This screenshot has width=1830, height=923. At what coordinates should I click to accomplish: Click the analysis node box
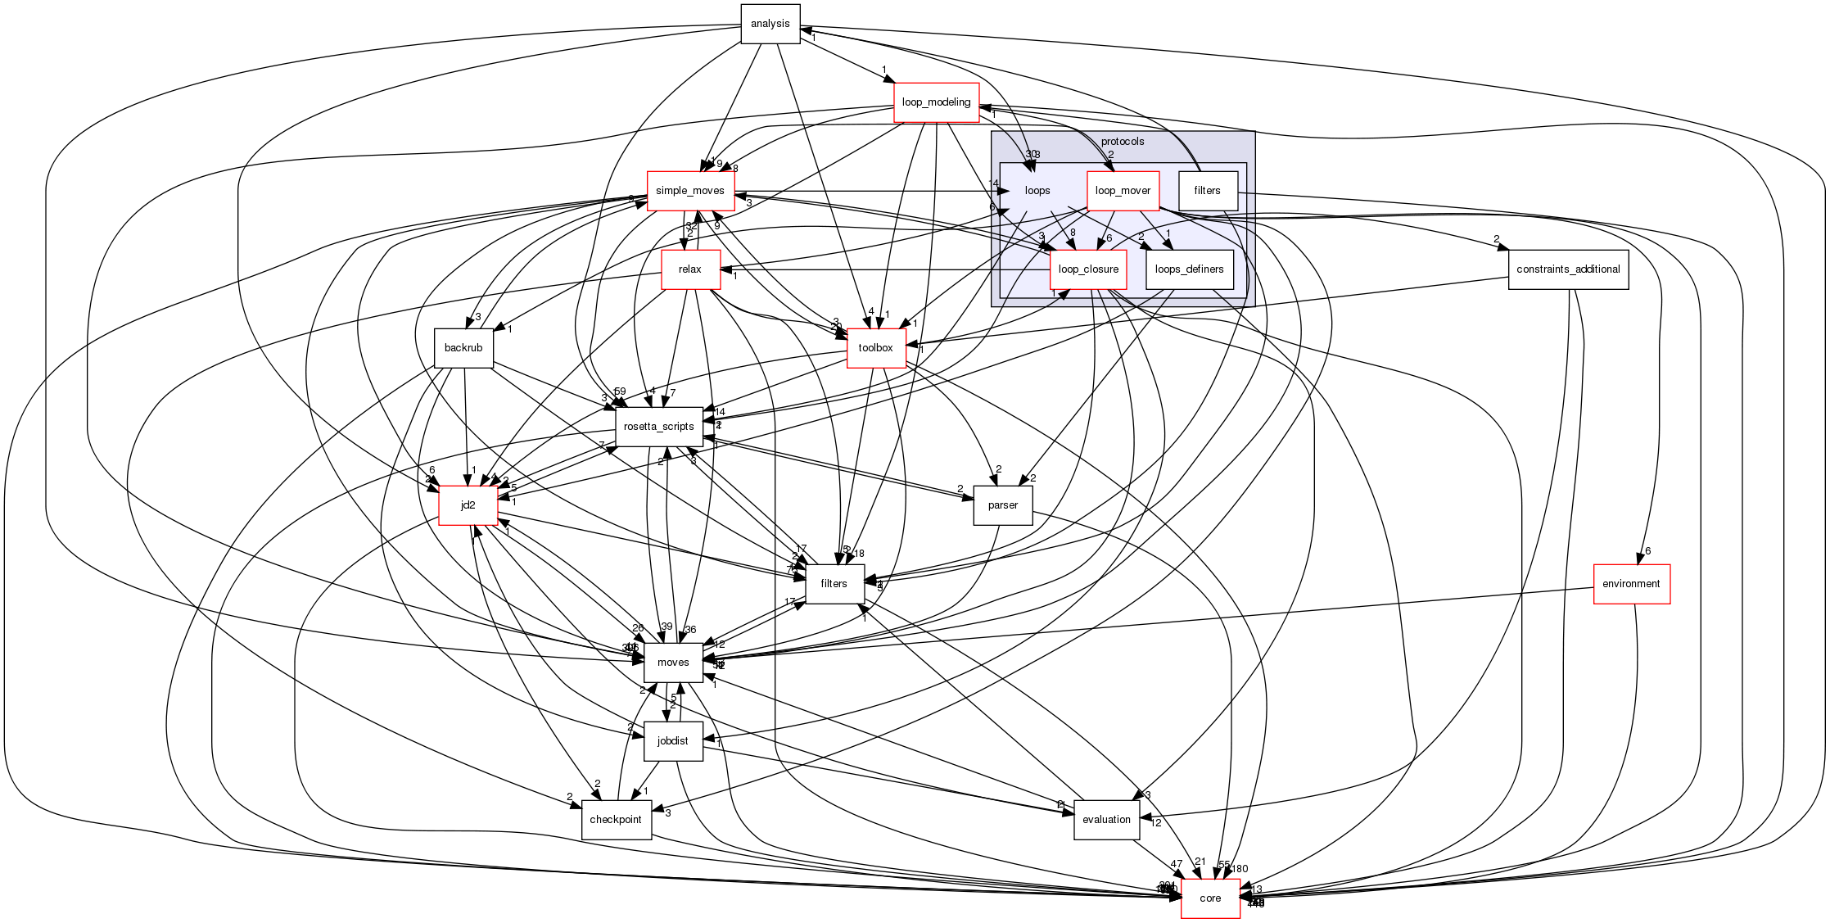tap(770, 24)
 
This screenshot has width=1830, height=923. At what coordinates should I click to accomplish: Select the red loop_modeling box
tap(936, 102)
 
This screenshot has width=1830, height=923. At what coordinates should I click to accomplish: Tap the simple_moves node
tap(690, 191)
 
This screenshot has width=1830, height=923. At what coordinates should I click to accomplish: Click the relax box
tap(690, 269)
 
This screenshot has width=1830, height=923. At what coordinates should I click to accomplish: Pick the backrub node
tap(463, 348)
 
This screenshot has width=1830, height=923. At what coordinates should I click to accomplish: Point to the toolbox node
tap(875, 348)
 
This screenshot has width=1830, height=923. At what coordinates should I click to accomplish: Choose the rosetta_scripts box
tap(659, 427)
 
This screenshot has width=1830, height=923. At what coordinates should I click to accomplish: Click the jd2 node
tap(468, 505)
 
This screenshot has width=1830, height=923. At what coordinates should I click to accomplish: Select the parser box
tap(1002, 505)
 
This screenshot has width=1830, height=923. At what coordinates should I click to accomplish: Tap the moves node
tap(673, 663)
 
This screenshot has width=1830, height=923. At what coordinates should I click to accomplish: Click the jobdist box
tap(673, 741)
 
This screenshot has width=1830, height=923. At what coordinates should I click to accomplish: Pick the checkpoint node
tap(616, 820)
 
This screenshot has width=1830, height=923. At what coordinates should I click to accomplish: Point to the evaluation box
tap(1106, 820)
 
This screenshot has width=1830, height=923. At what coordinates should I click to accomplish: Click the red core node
tap(1210, 898)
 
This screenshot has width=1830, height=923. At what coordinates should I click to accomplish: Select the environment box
tap(1631, 584)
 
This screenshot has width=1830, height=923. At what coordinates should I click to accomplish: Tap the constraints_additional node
tap(1568, 269)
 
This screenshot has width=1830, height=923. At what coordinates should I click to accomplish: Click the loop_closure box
tap(1088, 269)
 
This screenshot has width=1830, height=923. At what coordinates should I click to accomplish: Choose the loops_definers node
tap(1189, 269)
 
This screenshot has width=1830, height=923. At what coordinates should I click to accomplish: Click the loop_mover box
tap(1123, 191)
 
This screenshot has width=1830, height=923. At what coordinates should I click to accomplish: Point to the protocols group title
tap(1123, 142)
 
